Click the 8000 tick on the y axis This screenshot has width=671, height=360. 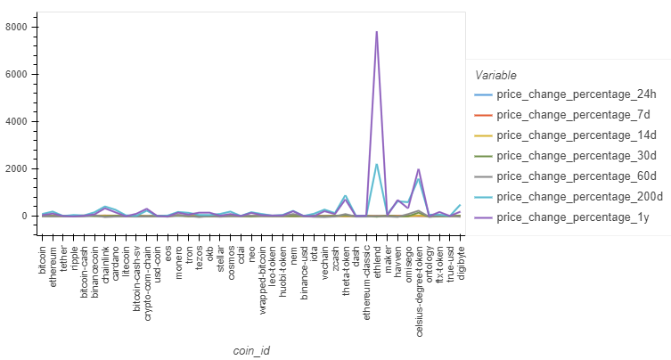(x=19, y=27)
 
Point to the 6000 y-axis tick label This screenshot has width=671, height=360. (x=19, y=74)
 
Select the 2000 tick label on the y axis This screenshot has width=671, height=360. (x=19, y=168)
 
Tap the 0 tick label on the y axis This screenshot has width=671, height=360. (x=28, y=216)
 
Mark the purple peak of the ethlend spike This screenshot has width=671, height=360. (x=377, y=31)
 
